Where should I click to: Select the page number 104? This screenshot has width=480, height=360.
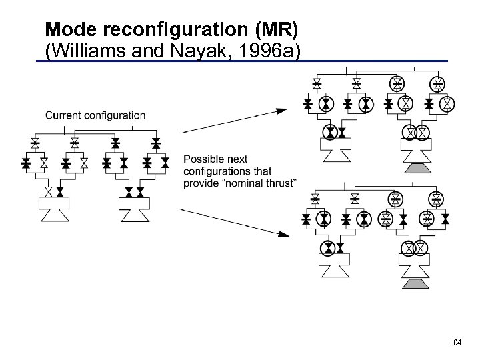[455, 342]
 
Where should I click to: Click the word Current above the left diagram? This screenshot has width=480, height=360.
[64, 115]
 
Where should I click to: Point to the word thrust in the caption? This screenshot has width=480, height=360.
[279, 183]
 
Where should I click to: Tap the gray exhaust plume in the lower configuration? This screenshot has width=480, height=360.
[414, 285]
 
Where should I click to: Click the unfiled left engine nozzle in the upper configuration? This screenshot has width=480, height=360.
[336, 154]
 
